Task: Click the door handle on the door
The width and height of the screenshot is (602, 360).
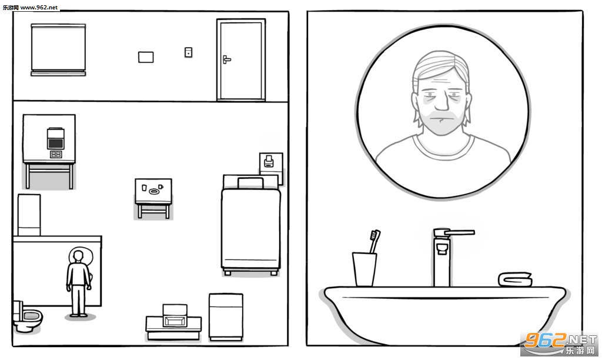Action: (226, 59)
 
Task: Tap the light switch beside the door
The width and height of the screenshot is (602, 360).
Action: (188, 52)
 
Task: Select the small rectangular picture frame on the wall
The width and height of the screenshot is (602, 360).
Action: (146, 57)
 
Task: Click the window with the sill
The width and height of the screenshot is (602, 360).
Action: (58, 50)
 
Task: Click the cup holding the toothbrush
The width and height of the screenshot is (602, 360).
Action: (364, 269)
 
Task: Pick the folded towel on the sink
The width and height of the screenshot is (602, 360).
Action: (515, 279)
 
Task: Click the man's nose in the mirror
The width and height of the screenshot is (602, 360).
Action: (442, 102)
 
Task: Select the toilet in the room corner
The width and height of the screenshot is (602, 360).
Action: (28, 316)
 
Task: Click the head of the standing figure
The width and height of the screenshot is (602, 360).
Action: (78, 256)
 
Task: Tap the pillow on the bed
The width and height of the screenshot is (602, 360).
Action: (250, 183)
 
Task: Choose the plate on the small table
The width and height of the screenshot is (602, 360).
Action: (155, 191)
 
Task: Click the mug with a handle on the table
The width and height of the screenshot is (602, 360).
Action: (160, 186)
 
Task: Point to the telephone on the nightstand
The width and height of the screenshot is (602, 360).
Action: (269, 161)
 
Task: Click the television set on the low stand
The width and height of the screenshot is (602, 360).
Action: (175, 315)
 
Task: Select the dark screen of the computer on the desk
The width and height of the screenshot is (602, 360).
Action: (56, 144)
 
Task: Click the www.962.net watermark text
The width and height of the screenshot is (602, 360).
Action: (39, 7)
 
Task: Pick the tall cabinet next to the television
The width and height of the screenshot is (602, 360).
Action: (226, 317)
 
